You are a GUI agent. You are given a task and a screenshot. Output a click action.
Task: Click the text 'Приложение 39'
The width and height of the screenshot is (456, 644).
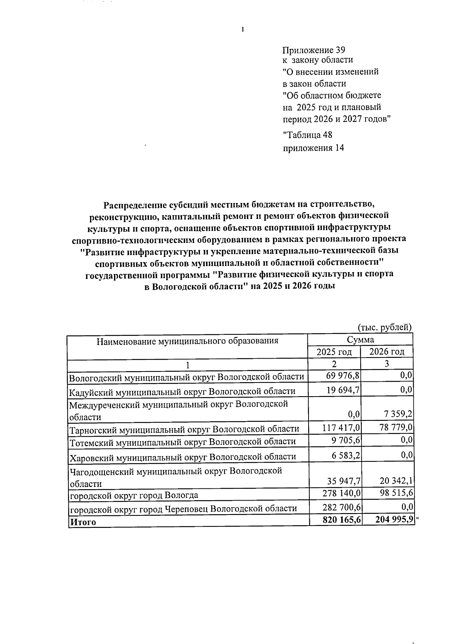click(x=313, y=50)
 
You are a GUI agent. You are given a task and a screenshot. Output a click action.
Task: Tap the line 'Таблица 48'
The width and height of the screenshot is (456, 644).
click(x=308, y=135)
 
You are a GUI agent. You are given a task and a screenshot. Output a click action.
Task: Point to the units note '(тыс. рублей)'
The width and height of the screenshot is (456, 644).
click(x=385, y=327)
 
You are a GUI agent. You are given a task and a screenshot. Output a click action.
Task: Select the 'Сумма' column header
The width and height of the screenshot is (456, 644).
click(x=360, y=339)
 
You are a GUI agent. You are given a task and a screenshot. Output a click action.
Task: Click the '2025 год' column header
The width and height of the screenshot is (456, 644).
click(x=334, y=352)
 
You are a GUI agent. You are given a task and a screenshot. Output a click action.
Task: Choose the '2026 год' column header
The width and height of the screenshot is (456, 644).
click(x=386, y=352)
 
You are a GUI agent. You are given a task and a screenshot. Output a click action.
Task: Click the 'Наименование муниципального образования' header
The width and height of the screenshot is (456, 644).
click(x=187, y=341)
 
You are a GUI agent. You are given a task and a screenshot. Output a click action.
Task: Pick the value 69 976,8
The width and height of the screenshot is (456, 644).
click(x=343, y=376)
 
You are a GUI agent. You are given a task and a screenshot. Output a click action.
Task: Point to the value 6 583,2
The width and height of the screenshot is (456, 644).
click(x=345, y=455)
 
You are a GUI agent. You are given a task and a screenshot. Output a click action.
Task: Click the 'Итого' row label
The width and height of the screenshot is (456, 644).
click(x=82, y=522)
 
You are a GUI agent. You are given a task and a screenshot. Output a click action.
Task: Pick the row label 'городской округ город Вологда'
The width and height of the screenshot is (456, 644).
click(x=133, y=495)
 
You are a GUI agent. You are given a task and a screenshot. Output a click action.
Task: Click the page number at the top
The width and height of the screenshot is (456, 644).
click(x=242, y=30)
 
